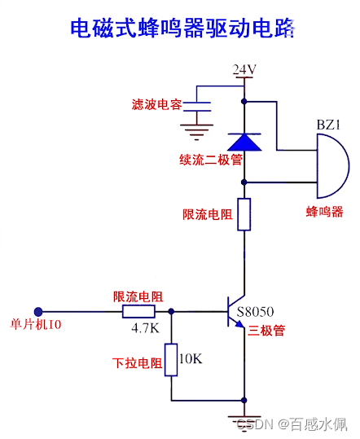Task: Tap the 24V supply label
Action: [x=244, y=69]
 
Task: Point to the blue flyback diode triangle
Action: [x=244, y=142]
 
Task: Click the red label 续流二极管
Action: [x=211, y=159]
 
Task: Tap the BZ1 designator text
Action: [x=328, y=125]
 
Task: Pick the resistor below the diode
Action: [x=244, y=214]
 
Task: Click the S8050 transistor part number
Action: [x=255, y=311]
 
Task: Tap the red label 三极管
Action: [x=266, y=331]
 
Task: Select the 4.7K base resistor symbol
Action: [x=138, y=311]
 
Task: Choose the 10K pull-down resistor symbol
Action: [x=171, y=359]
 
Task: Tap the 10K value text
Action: [x=191, y=358]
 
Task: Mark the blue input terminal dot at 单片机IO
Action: [x=38, y=311]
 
